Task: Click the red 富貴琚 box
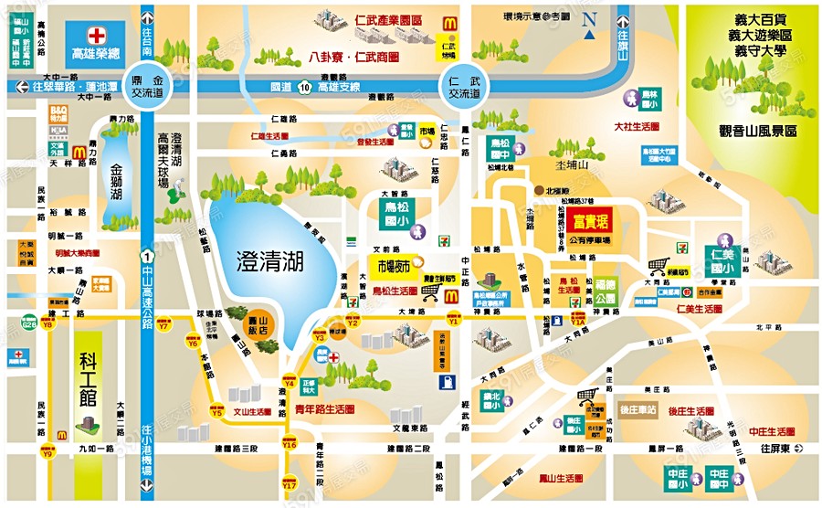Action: click(590, 221)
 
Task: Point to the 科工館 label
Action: click(86, 390)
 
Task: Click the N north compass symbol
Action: click(591, 19)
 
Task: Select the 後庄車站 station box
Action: click(639, 411)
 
